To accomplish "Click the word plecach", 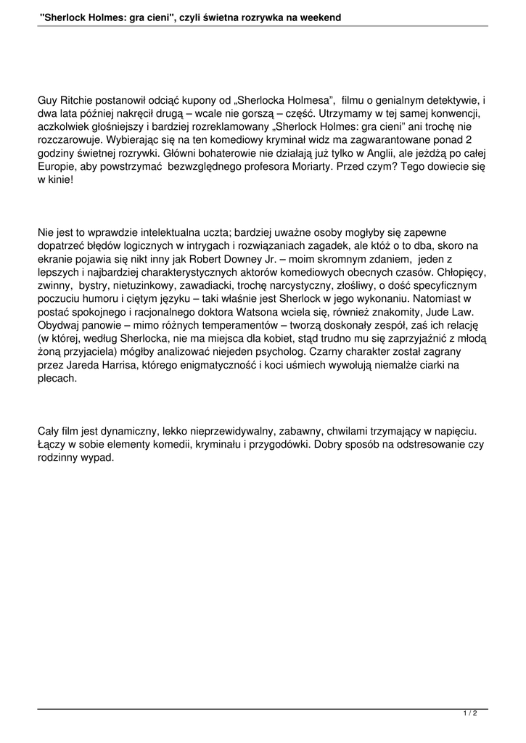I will (57, 378).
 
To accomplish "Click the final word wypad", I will (98, 457).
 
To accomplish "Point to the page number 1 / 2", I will (470, 715).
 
